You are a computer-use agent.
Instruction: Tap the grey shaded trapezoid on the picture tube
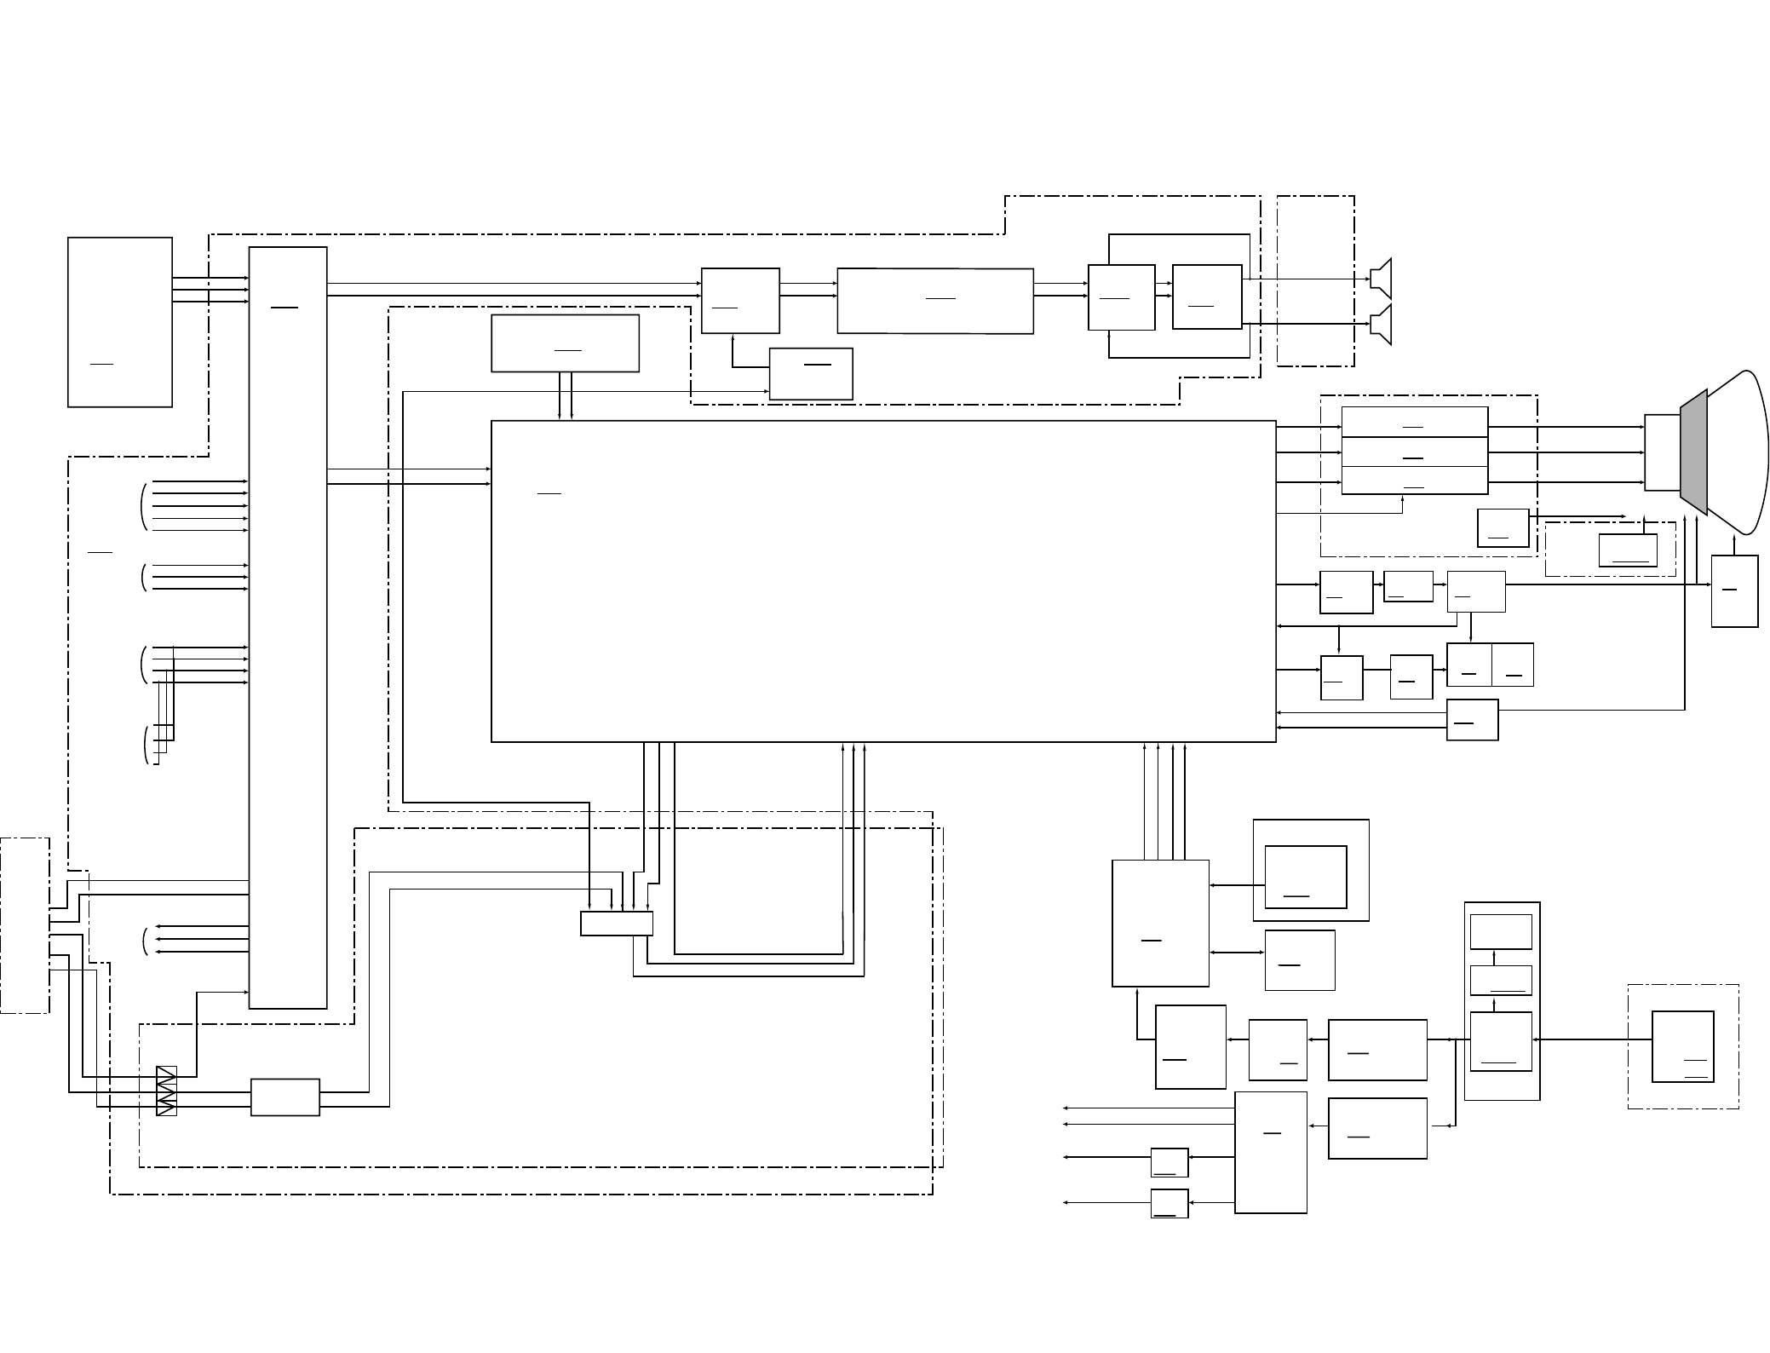(x=1693, y=452)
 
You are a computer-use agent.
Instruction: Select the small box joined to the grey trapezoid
(x=1661, y=452)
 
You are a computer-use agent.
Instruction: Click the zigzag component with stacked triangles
(x=166, y=1091)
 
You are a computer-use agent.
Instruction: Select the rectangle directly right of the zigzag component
(x=285, y=1097)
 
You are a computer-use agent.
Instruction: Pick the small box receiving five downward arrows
(x=617, y=924)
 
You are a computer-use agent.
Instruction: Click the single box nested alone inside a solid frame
(x=1306, y=877)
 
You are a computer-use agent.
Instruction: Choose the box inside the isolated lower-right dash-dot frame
(x=1682, y=1046)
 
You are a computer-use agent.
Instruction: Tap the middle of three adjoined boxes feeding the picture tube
(x=1415, y=452)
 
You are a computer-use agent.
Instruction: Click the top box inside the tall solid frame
(x=1501, y=932)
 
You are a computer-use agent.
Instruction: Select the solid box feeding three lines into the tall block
(x=120, y=322)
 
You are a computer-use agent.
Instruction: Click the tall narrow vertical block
(x=288, y=627)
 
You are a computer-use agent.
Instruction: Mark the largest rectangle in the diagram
(x=883, y=581)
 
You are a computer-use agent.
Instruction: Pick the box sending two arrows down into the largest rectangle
(x=565, y=343)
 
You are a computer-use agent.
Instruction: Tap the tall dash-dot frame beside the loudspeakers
(x=1316, y=281)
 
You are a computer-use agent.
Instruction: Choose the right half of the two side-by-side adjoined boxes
(x=1513, y=665)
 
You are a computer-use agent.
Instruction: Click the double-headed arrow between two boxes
(x=1237, y=953)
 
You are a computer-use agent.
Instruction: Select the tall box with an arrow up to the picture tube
(x=1734, y=591)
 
